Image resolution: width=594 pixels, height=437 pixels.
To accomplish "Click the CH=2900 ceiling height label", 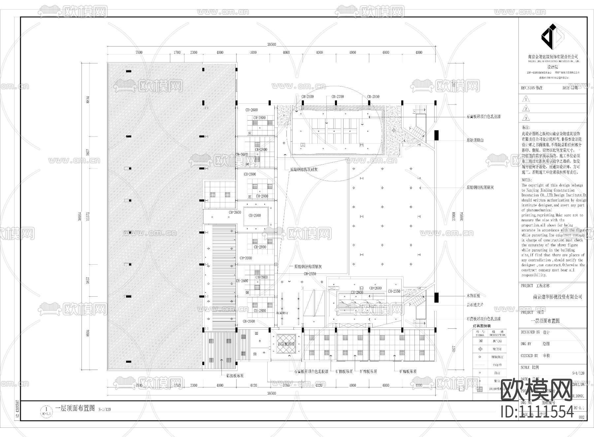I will (255, 215).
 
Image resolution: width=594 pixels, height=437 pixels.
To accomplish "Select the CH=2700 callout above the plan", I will (338, 97).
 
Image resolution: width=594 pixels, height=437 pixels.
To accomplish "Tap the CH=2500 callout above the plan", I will (308, 97).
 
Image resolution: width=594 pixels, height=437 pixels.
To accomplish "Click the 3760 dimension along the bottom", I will (286, 385).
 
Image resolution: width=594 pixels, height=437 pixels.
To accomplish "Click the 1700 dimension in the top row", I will (177, 53).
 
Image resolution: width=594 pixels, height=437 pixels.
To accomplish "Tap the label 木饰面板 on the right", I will (473, 296).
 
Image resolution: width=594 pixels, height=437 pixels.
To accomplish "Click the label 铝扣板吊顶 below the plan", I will (235, 376).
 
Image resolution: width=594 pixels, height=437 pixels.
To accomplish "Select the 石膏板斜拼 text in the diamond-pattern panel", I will (286, 344).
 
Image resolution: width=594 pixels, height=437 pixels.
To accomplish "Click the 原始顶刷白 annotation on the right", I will (475, 140).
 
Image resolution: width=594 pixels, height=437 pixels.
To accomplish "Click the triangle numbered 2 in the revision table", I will (526, 108).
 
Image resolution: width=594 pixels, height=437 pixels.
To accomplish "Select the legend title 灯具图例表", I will (482, 326).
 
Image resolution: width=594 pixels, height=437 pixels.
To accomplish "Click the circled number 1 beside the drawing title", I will (46, 409).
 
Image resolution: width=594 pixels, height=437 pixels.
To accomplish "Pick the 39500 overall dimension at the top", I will (271, 45).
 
